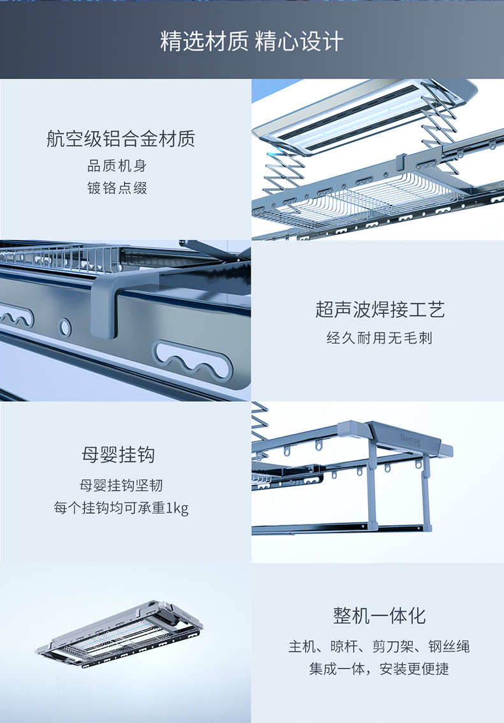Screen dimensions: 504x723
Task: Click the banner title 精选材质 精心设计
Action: click(x=252, y=42)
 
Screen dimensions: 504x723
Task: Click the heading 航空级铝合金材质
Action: click(x=121, y=138)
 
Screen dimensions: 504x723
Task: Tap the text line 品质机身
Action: click(x=117, y=166)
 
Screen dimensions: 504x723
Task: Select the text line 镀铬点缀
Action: click(x=117, y=188)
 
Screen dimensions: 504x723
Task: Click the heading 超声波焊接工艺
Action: click(x=380, y=309)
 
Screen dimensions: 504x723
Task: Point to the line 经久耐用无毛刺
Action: click(x=380, y=338)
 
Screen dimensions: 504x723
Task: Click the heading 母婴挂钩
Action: click(x=119, y=455)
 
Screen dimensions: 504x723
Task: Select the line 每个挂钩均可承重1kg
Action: click(x=121, y=508)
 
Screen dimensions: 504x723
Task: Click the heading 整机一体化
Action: click(x=380, y=616)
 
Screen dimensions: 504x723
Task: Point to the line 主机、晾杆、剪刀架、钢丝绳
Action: click(x=380, y=646)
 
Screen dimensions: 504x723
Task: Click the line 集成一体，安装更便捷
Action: click(x=380, y=669)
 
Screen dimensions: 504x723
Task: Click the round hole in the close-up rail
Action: click(x=66, y=327)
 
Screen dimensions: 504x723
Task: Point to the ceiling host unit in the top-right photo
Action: click(x=364, y=115)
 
